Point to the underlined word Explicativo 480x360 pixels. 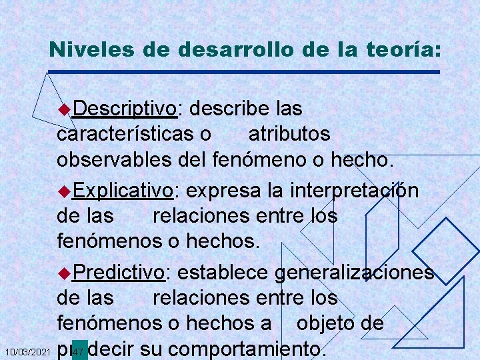click(123, 191)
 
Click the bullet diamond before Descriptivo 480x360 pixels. click(64, 109)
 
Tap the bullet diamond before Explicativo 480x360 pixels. click(64, 191)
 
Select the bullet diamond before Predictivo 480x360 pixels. click(64, 273)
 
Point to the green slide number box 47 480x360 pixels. click(79, 350)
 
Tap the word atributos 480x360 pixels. click(289, 134)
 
